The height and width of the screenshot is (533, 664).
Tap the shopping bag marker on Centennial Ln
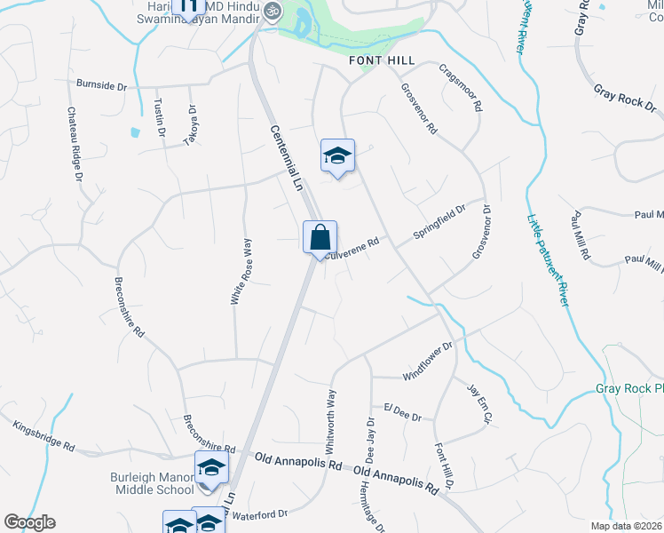[x=320, y=238]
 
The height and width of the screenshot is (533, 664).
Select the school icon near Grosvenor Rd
[x=337, y=156]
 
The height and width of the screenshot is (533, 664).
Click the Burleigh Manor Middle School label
[x=152, y=483]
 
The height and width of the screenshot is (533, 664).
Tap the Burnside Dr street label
[x=102, y=86]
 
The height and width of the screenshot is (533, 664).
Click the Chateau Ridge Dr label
[x=75, y=145]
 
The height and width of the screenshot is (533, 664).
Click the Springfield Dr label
[x=439, y=223]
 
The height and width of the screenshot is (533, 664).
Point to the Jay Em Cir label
[x=479, y=403]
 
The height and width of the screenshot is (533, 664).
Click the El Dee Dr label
[x=403, y=411]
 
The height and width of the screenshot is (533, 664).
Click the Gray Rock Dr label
[x=618, y=97]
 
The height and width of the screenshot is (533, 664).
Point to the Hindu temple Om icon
[x=273, y=12]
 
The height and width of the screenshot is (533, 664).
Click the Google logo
[x=29, y=522]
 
